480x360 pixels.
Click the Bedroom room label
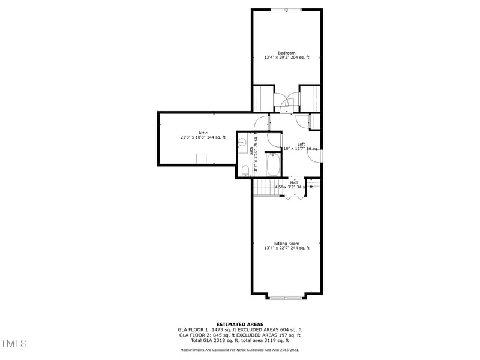point(286,53)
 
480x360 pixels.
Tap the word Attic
point(203,133)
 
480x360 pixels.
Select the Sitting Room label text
point(287,244)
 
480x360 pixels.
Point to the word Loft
point(301,144)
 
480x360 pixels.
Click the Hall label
point(294,182)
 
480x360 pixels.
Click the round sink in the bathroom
point(242,143)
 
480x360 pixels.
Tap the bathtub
point(273,164)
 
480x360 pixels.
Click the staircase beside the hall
point(263,188)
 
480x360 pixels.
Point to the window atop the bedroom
point(286,10)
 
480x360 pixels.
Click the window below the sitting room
point(287,297)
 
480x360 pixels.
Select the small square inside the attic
point(202,158)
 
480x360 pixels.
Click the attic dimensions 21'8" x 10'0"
point(193,137)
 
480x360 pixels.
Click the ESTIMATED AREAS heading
point(239,324)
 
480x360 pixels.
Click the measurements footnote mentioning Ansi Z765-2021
point(239,349)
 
